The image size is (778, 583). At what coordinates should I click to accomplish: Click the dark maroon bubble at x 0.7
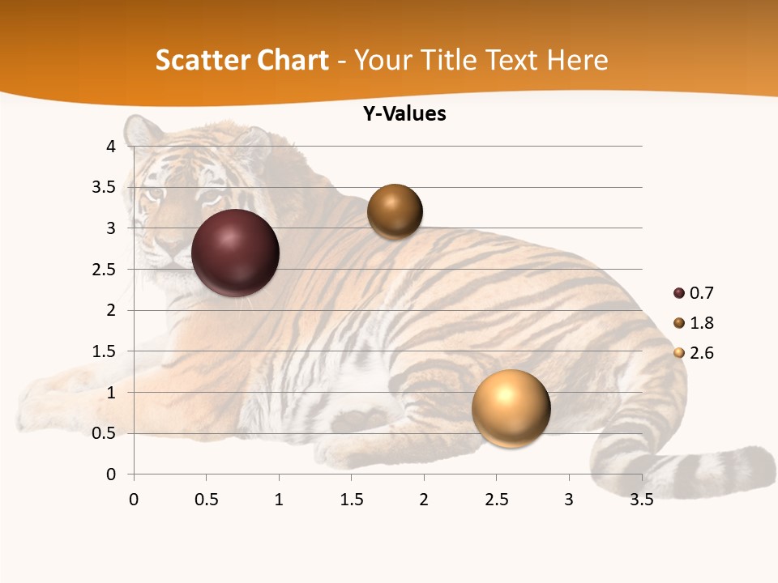pos(235,253)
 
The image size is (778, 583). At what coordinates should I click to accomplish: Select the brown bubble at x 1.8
pos(395,211)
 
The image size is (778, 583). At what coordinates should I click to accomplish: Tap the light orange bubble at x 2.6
pos(511,408)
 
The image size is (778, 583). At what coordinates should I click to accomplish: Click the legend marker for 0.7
pos(679,293)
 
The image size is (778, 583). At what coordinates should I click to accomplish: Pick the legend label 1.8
pos(701,323)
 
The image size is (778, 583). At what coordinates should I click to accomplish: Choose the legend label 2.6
pos(701,353)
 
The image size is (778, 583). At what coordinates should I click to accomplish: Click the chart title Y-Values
pos(404,114)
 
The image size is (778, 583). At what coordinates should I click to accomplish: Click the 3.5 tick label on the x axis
pos(642,500)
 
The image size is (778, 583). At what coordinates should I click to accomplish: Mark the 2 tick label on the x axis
pos(424,500)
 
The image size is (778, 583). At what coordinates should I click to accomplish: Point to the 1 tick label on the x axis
pos(279,500)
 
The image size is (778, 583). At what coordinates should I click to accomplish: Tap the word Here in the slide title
pos(577,60)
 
